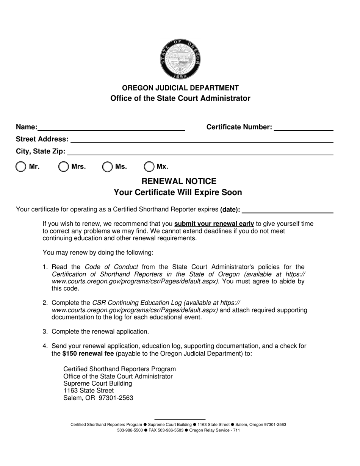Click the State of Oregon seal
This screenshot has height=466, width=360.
180,59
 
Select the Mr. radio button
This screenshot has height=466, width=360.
21,167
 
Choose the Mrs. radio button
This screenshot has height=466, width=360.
64,167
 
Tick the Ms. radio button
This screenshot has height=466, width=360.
108,167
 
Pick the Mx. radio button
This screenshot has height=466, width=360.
149,167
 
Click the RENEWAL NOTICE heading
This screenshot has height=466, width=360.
179,181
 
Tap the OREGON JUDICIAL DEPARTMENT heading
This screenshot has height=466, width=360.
180,88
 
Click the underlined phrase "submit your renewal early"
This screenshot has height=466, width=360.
214,224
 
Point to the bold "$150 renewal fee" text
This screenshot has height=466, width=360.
88,353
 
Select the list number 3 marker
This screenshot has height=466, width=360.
45,332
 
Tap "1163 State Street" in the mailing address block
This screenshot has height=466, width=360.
88,391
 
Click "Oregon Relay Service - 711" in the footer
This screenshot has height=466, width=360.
214,430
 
